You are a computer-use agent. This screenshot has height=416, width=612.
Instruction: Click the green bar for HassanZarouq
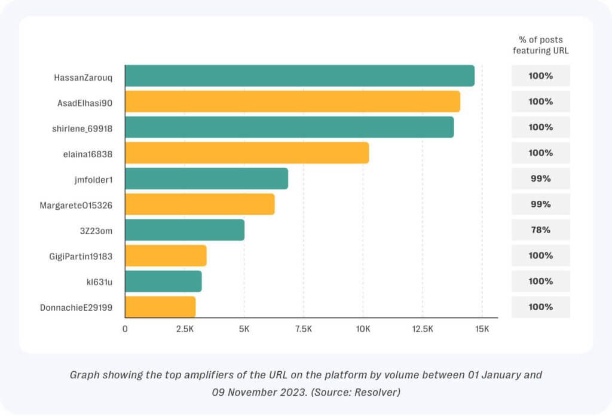299,76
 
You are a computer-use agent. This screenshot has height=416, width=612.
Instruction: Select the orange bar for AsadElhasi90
292,102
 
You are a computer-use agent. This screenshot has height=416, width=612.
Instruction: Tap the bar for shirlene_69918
289,127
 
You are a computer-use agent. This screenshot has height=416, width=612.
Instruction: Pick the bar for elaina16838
247,153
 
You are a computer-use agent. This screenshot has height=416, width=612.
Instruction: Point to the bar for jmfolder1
206,179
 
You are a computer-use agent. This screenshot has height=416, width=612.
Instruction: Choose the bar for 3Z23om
185,230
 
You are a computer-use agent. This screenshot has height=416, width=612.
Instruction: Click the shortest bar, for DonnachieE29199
160,307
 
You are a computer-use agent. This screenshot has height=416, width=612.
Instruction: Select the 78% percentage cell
540,230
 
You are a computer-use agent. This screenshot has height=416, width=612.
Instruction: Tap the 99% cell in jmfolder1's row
540,179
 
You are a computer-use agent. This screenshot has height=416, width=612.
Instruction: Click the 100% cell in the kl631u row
540,282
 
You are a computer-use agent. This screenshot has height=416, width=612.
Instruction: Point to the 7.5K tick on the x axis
304,329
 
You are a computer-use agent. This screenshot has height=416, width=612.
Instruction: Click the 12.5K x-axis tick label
423,329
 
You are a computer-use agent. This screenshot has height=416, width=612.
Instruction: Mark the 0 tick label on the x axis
125,329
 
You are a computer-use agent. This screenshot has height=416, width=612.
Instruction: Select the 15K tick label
482,329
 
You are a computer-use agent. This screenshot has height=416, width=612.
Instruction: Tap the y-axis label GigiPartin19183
81,256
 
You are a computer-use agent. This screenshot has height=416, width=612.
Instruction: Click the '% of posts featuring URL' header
540,45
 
